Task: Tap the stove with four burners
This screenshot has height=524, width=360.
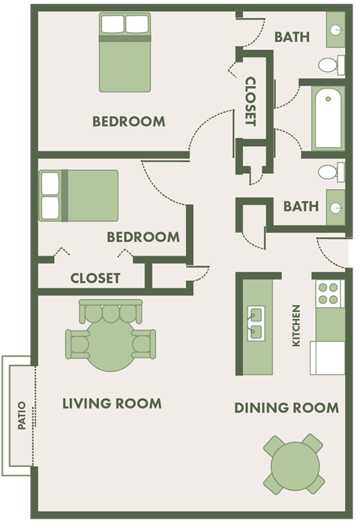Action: pyautogui.click(x=328, y=293)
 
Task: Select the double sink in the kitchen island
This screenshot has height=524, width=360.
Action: pyautogui.click(x=255, y=321)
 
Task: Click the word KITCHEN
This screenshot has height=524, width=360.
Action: pyautogui.click(x=296, y=325)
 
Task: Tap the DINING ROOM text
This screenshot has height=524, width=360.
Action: pyautogui.click(x=286, y=408)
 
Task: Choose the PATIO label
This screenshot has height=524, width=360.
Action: pyautogui.click(x=22, y=417)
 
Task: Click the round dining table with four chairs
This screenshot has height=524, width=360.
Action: pyautogui.click(x=294, y=465)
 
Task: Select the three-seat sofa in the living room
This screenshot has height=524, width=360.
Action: pyautogui.click(x=111, y=310)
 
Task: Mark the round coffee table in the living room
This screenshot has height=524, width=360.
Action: pyautogui.click(x=110, y=344)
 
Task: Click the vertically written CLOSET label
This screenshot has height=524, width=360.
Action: pyautogui.click(x=250, y=101)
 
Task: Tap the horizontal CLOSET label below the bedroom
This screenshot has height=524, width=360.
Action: pyautogui.click(x=95, y=278)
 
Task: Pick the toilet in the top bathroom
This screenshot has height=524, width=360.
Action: pyautogui.click(x=329, y=65)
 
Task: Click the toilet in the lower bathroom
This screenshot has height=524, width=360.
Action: pyautogui.click(x=329, y=172)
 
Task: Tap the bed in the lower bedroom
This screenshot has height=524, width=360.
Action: pyautogui.click(x=79, y=195)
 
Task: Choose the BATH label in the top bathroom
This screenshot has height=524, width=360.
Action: pyautogui.click(x=292, y=37)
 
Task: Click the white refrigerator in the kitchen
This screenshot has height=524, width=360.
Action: pyautogui.click(x=327, y=358)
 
